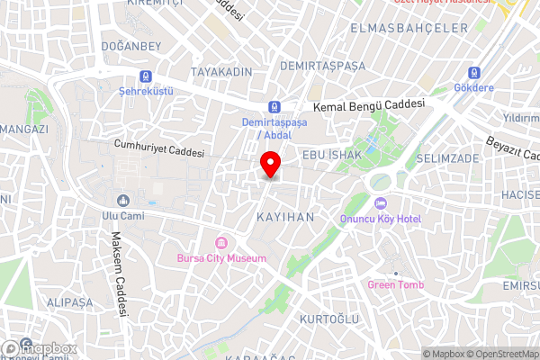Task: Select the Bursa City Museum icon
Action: (220, 243)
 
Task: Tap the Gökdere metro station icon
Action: (473, 73)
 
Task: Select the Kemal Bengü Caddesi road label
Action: (367, 105)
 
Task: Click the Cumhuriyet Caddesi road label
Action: (159, 148)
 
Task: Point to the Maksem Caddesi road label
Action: (118, 274)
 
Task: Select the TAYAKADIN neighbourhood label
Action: (221, 70)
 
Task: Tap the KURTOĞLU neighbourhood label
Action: (328, 319)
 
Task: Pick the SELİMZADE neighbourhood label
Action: (447, 158)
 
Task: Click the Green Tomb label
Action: (395, 285)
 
